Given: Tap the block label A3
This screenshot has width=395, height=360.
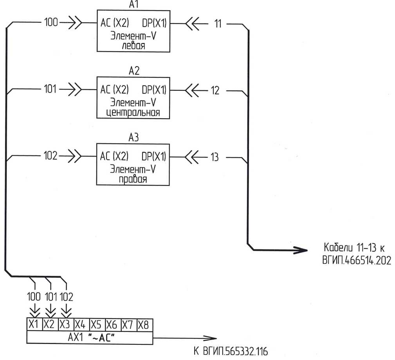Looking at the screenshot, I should (x=133, y=138).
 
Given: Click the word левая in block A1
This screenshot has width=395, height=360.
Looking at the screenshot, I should (x=133, y=45).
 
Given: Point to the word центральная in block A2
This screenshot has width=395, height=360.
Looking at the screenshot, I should (x=133, y=113).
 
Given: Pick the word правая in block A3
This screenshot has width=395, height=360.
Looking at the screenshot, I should (x=133, y=180).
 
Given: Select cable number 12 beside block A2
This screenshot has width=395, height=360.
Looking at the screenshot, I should (x=215, y=90).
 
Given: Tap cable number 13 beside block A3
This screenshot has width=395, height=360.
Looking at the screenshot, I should (x=215, y=157).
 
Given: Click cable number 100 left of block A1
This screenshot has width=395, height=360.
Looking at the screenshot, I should (x=51, y=23).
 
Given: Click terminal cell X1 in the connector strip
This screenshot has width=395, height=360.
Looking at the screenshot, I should (x=34, y=324).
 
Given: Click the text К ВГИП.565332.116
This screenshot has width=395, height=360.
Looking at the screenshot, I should (x=231, y=351).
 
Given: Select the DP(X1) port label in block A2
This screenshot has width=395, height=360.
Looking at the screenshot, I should (x=154, y=90).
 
